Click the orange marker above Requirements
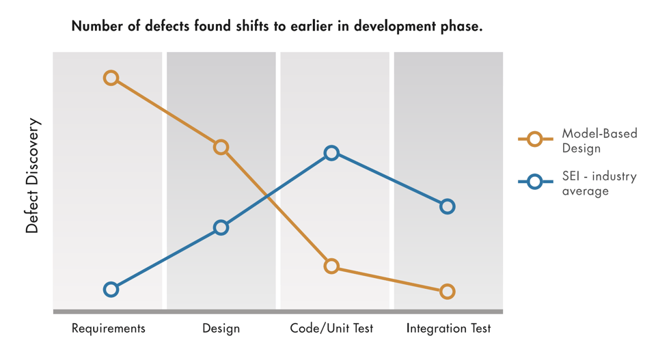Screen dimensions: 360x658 (x=111, y=79)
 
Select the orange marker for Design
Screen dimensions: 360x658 (x=221, y=147)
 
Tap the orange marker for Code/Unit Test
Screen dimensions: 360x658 (x=331, y=266)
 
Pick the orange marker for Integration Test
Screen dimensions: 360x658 (x=447, y=292)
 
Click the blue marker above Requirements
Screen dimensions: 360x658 (x=111, y=290)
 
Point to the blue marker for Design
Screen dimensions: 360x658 (x=221, y=227)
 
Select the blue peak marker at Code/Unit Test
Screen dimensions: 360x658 (x=331, y=153)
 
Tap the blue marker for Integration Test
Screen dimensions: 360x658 (x=447, y=206)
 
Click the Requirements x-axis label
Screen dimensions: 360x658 (x=109, y=329)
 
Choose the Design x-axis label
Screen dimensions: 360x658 (x=221, y=329)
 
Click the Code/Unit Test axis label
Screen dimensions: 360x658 (x=331, y=329)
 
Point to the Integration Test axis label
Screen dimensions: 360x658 (x=448, y=329)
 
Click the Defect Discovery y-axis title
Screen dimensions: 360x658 (x=33, y=177)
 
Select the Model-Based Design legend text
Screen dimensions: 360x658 (x=599, y=141)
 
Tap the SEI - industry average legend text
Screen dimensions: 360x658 (x=599, y=183)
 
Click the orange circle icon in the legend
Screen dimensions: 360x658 (x=535, y=140)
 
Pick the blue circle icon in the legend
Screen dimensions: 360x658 (x=535, y=182)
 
